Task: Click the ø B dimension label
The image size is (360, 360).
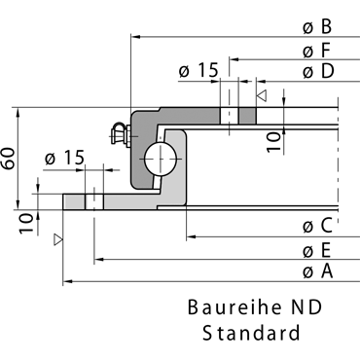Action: pyautogui.click(x=317, y=27)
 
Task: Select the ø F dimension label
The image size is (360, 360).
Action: pyautogui.click(x=316, y=51)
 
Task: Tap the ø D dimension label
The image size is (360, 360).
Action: pyautogui.click(x=318, y=71)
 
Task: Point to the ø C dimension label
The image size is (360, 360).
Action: pyautogui.click(x=317, y=226)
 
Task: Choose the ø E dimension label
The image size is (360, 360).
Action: pyautogui.click(x=316, y=251)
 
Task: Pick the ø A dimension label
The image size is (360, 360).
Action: pyautogui.click(x=318, y=271)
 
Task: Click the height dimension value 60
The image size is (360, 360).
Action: pyautogui.click(x=8, y=159)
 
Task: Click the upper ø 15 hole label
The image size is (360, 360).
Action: pyautogui.click(x=198, y=70)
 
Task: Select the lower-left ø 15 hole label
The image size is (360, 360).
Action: pyautogui.click(x=64, y=158)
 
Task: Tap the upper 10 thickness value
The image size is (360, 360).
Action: pyautogui.click(x=274, y=142)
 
